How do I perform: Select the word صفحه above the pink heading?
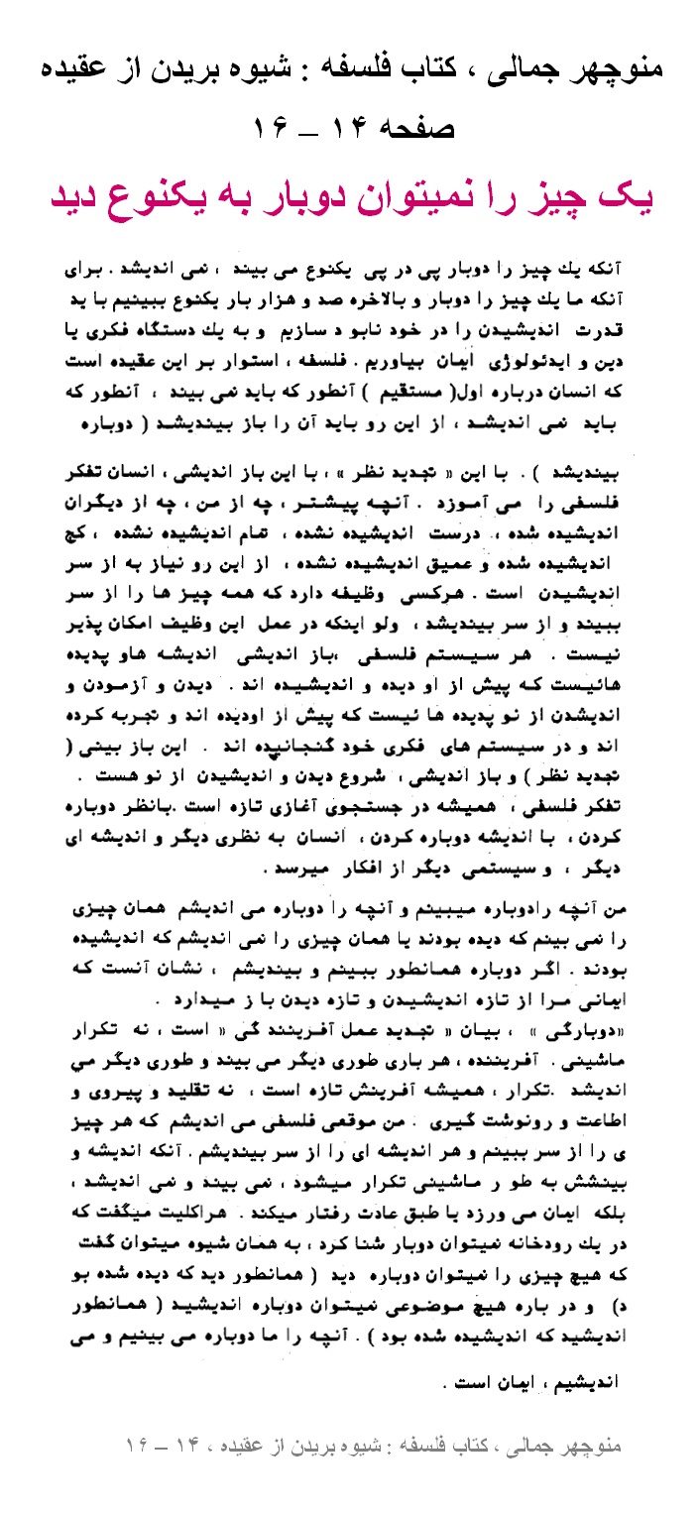(415, 130)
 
